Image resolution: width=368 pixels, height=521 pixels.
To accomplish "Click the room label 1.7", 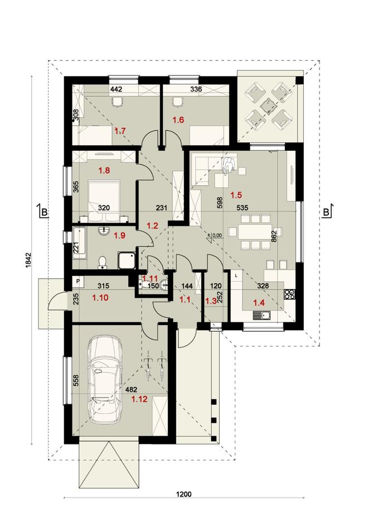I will pos(120,131).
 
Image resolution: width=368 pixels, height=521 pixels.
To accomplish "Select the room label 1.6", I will pos(177,120).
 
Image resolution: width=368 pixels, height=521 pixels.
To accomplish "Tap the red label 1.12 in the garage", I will pos(139,399).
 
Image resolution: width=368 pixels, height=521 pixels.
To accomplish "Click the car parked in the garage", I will pos(105,380).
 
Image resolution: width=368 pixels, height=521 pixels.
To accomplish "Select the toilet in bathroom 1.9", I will pos(101,261).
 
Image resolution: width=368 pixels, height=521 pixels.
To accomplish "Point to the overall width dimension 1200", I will pos(184,494).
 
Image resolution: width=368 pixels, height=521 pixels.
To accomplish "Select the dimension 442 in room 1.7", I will pos(115,89).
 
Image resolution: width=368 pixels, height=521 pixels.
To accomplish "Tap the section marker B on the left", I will pos(42,212).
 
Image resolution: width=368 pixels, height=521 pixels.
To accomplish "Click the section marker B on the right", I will pos(327,212).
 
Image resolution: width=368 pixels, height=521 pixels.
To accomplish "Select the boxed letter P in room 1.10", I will pos(78,281).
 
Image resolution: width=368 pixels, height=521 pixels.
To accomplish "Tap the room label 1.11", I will pos(151,278).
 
